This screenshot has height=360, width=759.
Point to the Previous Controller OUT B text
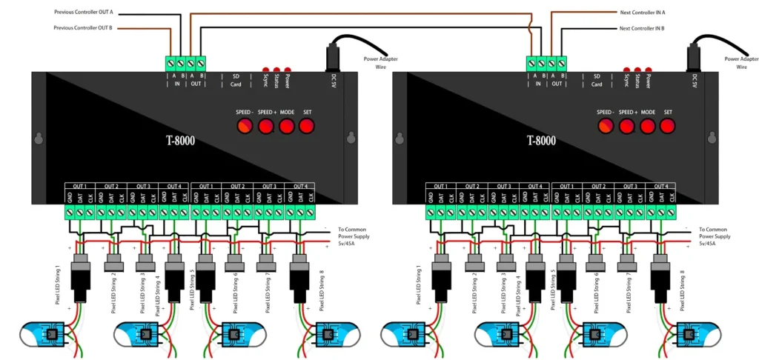tap(84, 28)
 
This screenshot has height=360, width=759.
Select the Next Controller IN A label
tap(643, 12)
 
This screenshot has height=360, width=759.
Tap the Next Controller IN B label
tap(643, 28)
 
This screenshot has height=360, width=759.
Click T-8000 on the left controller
tap(180, 140)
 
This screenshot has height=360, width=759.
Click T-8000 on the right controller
tap(542, 140)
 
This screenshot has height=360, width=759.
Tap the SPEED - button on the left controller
tap(245, 126)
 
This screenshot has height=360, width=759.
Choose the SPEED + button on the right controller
tap(628, 126)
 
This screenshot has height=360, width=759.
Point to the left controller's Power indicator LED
tap(288, 67)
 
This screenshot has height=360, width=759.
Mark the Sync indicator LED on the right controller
tap(626, 67)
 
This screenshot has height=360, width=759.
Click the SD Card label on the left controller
tap(236, 80)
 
